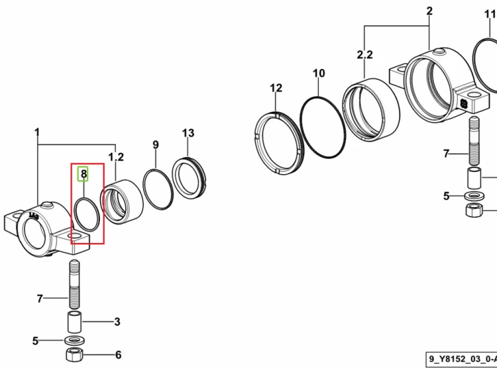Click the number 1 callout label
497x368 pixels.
pos(37,132)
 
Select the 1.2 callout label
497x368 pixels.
pos(116,157)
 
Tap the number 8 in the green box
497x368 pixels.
pos(83,174)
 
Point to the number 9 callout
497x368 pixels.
pos(155,145)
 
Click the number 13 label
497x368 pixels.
pos(188,133)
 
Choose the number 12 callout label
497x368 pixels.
pos(276,88)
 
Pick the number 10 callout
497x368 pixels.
pos(319,73)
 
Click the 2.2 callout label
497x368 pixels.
pos(365,55)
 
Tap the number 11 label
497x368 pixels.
pos(490,15)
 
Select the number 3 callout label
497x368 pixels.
pos(117,322)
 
